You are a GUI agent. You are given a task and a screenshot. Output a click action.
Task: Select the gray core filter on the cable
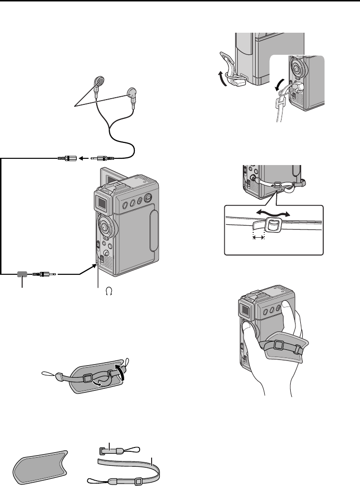(x=22, y=274)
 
